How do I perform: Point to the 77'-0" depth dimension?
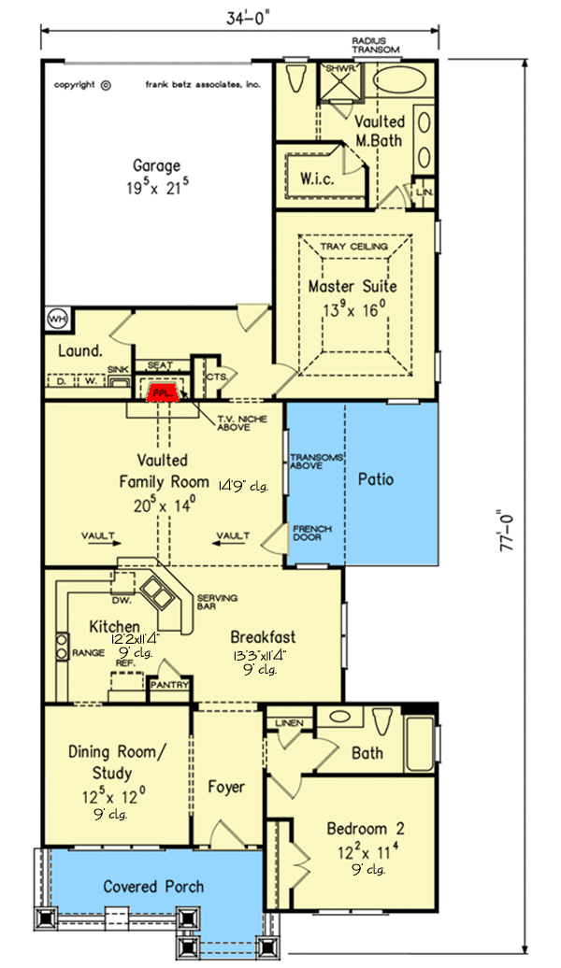point(511,541)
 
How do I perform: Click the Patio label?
point(376,479)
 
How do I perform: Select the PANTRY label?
point(170,685)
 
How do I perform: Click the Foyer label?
point(225,787)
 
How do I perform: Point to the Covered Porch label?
point(153,886)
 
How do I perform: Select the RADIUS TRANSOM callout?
point(376,45)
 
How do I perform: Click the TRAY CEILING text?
point(352,247)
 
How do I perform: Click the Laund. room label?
point(79,351)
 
